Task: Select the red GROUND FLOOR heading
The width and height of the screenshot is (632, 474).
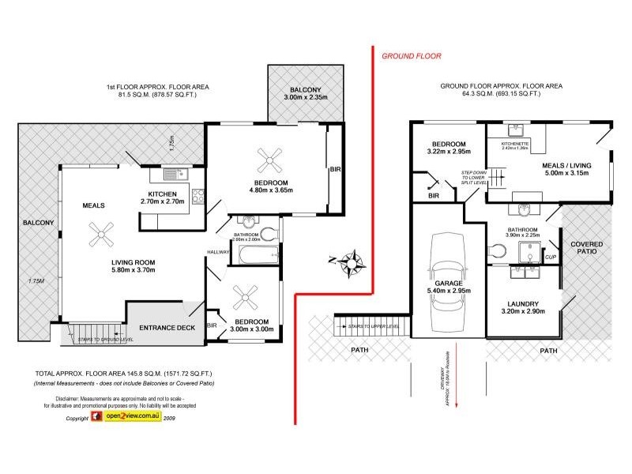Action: coord(411,56)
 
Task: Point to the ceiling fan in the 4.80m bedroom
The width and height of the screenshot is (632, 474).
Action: coord(275,162)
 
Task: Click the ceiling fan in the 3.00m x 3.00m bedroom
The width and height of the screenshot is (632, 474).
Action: coord(243,298)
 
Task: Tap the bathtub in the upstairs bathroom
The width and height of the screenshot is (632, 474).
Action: coord(258,256)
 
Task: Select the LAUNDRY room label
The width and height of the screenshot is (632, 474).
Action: coord(524,303)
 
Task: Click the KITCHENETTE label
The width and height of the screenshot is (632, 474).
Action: coord(515,143)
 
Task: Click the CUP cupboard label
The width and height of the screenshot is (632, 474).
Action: coord(550,257)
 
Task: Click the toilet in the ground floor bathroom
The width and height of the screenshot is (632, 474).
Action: coord(497,250)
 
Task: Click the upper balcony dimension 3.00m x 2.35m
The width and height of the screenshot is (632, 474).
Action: coord(307,97)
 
